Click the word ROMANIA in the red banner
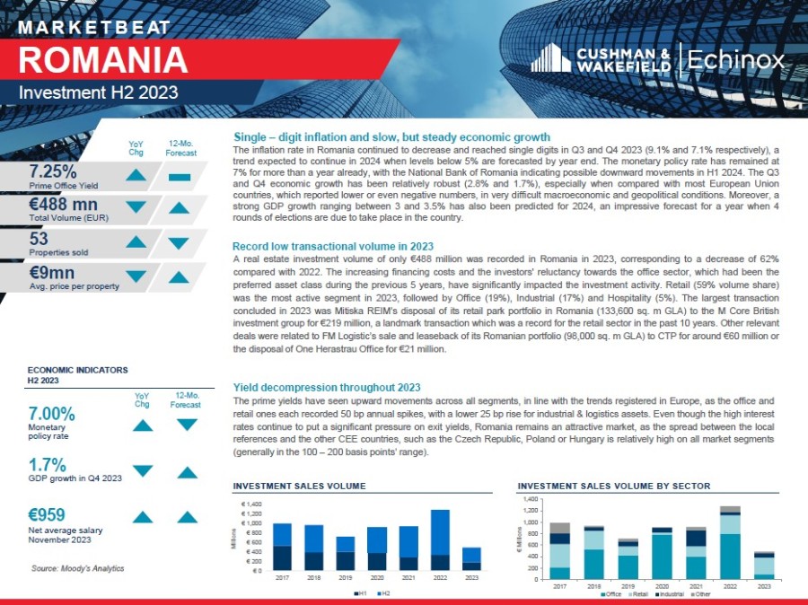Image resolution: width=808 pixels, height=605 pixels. point(103,59)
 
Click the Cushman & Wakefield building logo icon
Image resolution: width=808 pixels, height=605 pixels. point(551,59)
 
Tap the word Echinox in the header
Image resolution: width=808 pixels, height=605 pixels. point(735,60)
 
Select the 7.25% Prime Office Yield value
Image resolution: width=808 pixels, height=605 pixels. point(52,171)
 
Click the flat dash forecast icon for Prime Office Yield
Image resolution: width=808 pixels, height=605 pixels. point(179,177)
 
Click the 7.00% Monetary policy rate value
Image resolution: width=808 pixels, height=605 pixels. point(52,414)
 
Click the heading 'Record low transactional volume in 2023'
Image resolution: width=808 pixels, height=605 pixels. point(333,246)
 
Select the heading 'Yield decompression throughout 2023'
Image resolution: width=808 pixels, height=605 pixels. point(326,388)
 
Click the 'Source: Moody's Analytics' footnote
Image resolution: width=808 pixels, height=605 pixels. point(77,568)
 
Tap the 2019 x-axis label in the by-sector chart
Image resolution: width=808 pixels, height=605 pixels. point(628,584)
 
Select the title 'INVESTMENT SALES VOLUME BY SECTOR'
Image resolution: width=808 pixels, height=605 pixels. point(613,486)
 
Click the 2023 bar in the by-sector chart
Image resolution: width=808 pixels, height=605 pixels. point(763,565)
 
